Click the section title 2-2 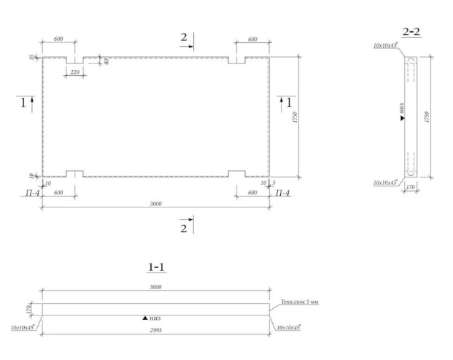tap(411, 31)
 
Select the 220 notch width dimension tap(75, 72)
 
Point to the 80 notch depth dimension tap(107, 61)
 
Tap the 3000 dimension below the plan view tap(155, 203)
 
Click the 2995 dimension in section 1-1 tap(155, 332)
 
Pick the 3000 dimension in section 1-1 tap(155, 288)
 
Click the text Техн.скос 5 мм tap(300, 302)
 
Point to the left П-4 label tap(29, 193)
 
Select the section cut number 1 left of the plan tap(23, 102)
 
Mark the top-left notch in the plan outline tap(75, 61)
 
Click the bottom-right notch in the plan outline tap(236, 174)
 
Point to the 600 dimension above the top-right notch tap(252, 39)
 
